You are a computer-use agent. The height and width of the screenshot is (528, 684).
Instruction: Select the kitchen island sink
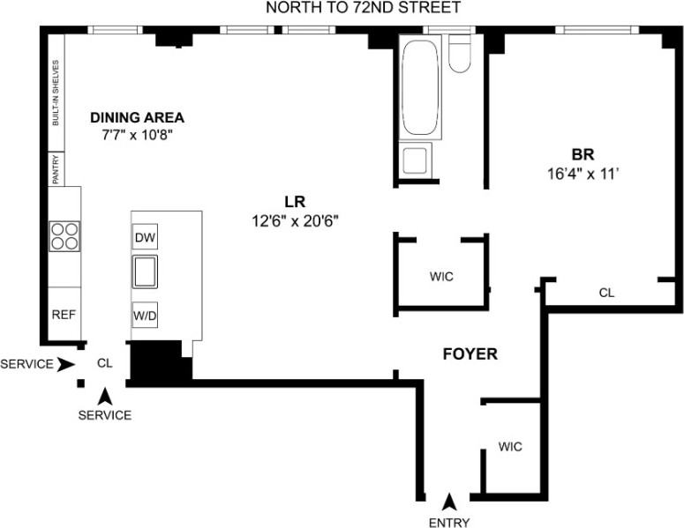pos(146,271)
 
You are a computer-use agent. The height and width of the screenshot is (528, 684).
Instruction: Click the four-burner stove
pos(63,237)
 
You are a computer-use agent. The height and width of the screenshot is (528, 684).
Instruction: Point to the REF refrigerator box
pos(63,315)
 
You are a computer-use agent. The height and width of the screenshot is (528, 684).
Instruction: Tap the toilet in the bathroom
pos(460,55)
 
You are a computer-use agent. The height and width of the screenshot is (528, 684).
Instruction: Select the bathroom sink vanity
pos(414,161)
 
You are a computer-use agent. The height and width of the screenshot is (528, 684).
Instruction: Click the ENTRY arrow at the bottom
pos(450,502)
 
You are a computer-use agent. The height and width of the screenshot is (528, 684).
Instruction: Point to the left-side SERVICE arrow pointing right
pos(64,364)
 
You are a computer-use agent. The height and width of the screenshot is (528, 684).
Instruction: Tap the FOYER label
pos(470,354)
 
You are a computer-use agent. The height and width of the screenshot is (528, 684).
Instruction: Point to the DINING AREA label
pos(138,117)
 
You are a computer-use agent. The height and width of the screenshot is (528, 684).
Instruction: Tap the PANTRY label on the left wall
pos(55,169)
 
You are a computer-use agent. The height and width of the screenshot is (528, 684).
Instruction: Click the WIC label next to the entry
pos(510,447)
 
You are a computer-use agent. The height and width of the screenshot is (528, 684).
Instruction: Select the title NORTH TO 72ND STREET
pos(365,8)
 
